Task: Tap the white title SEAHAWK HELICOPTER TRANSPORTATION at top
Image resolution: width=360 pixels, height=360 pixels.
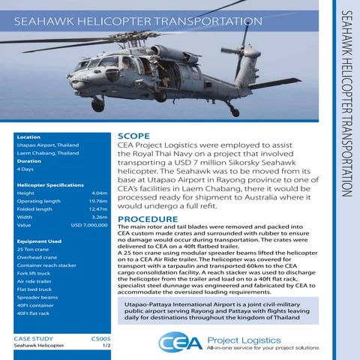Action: [134, 21]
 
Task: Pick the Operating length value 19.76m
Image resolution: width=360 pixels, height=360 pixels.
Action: [98, 201]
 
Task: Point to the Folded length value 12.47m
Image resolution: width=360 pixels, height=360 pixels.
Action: [98, 209]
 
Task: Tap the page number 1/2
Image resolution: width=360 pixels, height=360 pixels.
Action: [106, 346]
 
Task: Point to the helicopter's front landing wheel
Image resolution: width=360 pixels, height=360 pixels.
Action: [97, 105]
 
